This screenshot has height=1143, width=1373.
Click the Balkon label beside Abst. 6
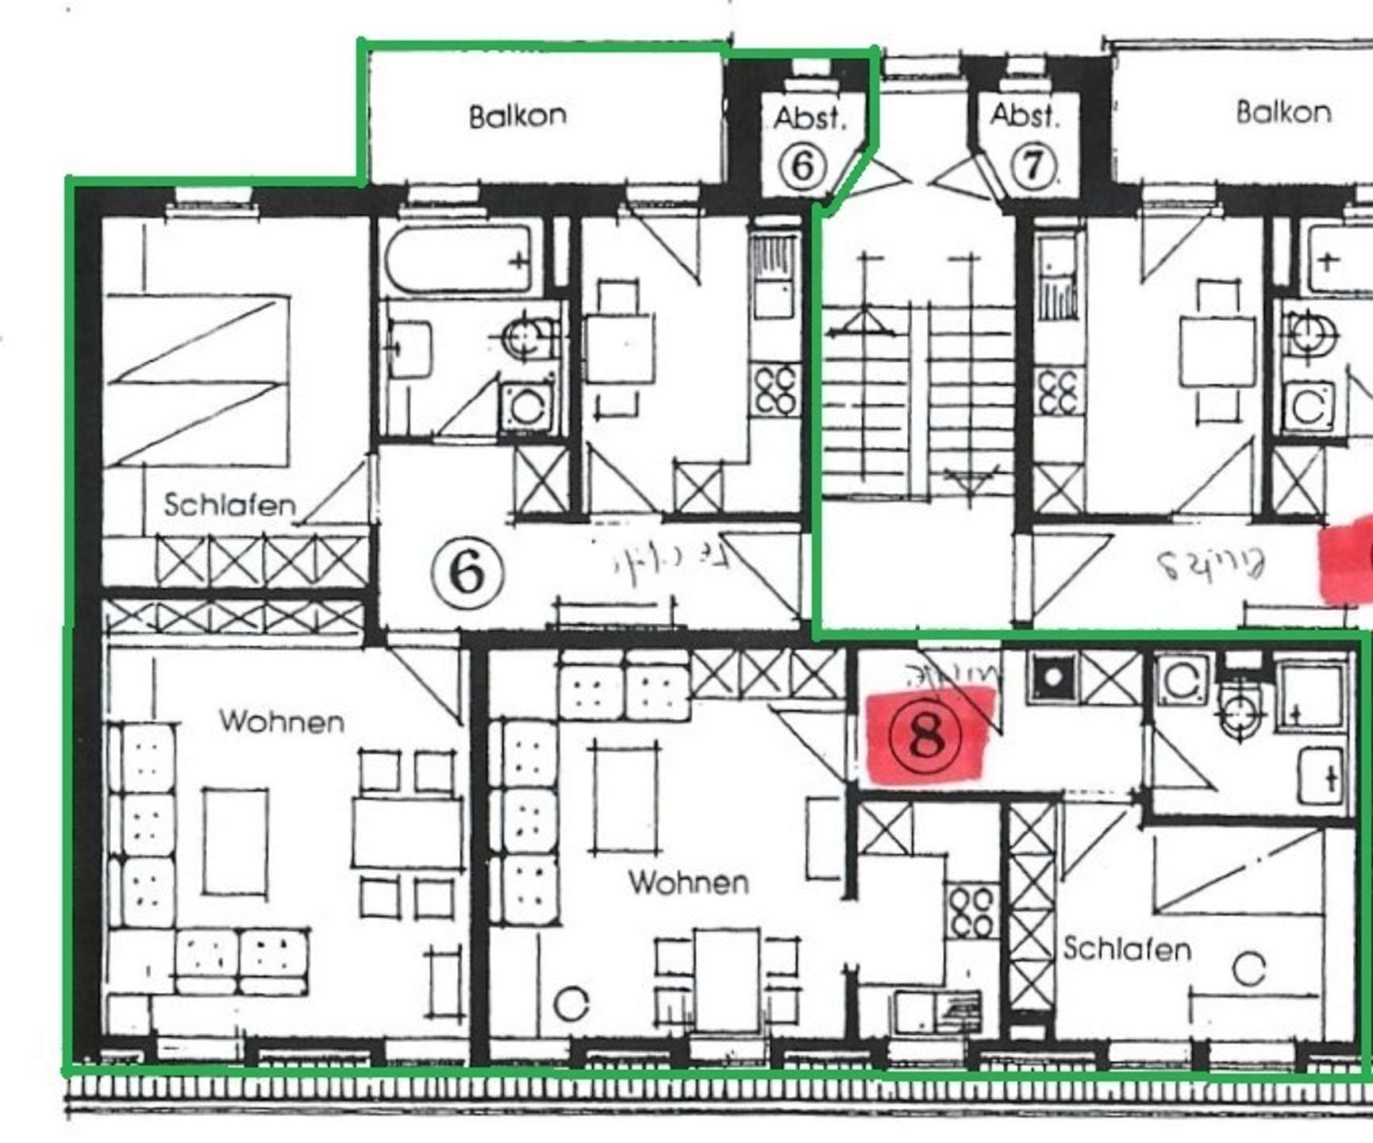click(x=517, y=116)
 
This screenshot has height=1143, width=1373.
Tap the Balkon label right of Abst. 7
click(x=1283, y=112)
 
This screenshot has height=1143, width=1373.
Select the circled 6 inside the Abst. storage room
click(x=802, y=166)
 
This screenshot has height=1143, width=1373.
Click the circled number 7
click(x=1032, y=165)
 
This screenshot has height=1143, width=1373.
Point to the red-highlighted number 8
click(x=925, y=736)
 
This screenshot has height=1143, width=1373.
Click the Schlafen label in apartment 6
click(x=229, y=505)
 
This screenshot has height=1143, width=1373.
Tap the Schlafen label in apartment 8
click(x=1127, y=949)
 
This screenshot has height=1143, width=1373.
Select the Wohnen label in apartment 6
click(x=282, y=722)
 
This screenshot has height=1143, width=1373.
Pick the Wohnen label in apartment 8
click(x=688, y=882)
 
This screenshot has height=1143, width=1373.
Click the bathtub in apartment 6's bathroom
click(x=459, y=259)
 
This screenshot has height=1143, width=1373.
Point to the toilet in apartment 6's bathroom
click(x=526, y=338)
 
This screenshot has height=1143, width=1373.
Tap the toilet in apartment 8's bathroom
click(x=1240, y=712)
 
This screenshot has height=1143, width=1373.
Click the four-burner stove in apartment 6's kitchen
click(x=775, y=390)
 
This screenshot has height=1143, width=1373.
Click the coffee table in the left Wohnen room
click(x=235, y=841)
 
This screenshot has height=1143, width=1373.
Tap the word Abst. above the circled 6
click(x=810, y=118)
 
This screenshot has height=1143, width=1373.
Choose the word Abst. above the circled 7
click(x=1025, y=116)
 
